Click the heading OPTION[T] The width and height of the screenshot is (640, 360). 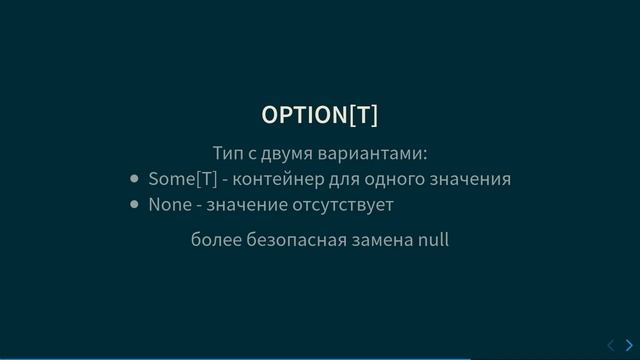click(x=320, y=114)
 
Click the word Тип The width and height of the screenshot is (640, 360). click(x=227, y=154)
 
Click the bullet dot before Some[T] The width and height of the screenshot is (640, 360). click(x=135, y=180)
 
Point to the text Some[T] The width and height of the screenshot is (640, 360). click(x=182, y=179)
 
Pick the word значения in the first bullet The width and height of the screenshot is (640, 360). click(x=474, y=180)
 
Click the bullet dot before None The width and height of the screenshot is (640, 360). click(x=135, y=205)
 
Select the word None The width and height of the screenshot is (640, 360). click(x=170, y=205)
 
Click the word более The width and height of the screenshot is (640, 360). click(x=214, y=240)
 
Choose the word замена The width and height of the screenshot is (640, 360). click(x=384, y=240)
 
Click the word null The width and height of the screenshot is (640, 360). click(x=434, y=240)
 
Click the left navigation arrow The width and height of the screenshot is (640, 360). click(x=612, y=345)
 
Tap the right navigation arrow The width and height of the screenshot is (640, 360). click(x=629, y=345)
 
